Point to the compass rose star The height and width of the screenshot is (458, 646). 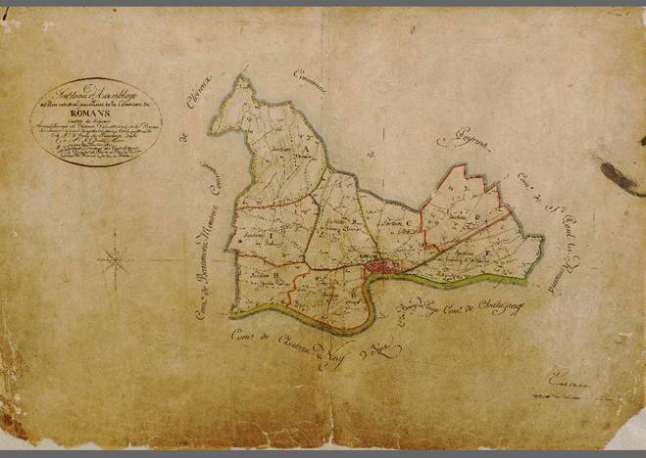(116, 259)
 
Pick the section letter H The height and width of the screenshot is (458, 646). (276, 276)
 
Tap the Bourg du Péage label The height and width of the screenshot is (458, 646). (417, 311)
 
